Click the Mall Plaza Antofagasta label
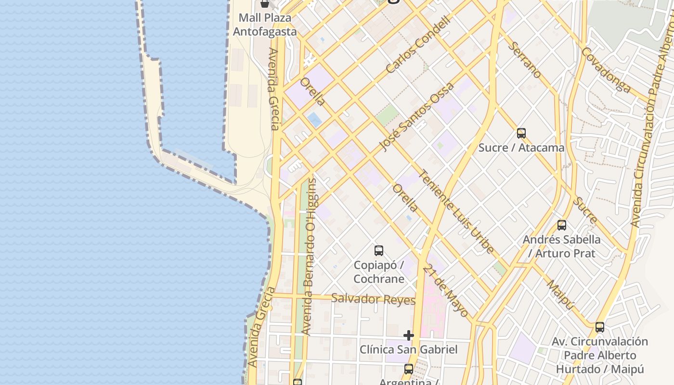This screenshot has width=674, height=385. [x=265, y=25]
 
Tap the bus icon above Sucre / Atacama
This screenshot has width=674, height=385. [x=521, y=133]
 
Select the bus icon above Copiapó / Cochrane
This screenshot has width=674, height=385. [x=379, y=251]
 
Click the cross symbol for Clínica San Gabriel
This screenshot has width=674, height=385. [x=409, y=335]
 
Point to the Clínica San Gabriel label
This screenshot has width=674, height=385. [x=409, y=349]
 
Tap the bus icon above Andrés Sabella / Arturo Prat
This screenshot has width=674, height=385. [x=561, y=225]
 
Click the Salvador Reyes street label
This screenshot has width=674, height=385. [x=374, y=299]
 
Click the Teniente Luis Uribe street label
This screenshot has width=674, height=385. [x=456, y=212]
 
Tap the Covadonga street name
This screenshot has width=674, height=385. [x=606, y=69]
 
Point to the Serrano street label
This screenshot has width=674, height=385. [x=524, y=60]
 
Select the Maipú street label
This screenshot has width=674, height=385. [x=560, y=294]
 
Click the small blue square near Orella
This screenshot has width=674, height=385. [x=314, y=119]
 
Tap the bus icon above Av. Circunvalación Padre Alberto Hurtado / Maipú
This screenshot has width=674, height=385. [x=599, y=327]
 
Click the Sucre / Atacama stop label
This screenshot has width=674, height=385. [x=521, y=148]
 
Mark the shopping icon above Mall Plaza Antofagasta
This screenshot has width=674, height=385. [x=264, y=4]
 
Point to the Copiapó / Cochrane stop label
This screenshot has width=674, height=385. [x=379, y=272]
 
